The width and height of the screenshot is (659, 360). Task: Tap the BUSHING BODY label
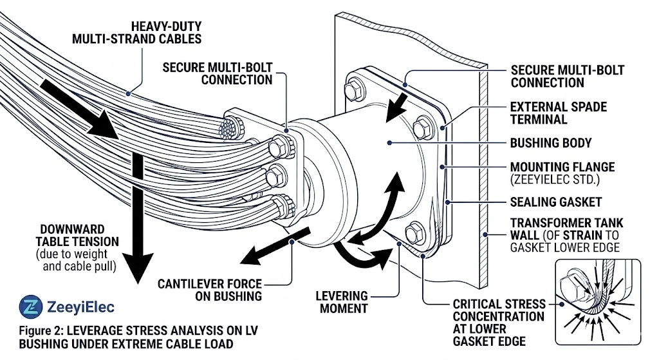[550, 142]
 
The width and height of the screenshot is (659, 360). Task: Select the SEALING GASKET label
[555, 202]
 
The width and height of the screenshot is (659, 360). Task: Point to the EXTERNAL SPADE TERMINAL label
[558, 113]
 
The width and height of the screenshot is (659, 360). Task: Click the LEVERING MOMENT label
[342, 301]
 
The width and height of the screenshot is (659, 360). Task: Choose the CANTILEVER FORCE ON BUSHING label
[220, 290]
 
